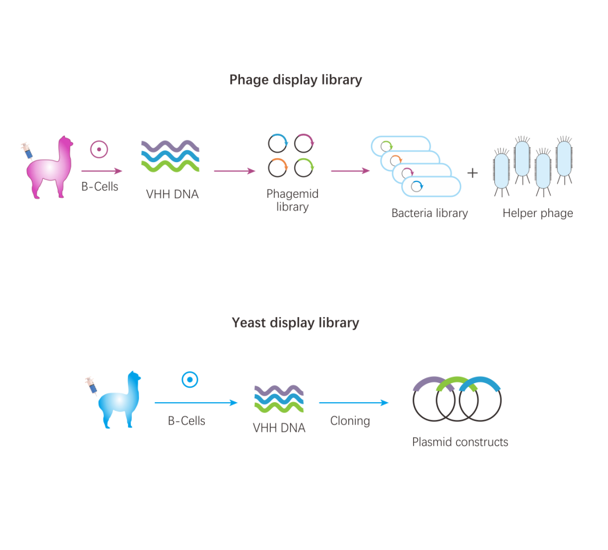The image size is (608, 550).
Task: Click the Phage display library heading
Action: (x=295, y=80)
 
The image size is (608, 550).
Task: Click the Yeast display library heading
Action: (x=295, y=323)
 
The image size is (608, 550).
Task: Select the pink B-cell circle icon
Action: (x=99, y=149)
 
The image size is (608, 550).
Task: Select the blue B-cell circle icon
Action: (x=189, y=379)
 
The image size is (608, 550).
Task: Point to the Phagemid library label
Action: (x=292, y=201)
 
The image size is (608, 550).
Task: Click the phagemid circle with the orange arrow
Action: (x=278, y=167)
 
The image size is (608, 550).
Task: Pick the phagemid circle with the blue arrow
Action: (x=278, y=144)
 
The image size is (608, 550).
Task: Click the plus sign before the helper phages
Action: (x=472, y=173)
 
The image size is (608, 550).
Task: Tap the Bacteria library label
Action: (x=429, y=213)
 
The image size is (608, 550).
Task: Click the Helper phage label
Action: (x=538, y=213)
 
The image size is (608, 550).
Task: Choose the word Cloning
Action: (x=350, y=421)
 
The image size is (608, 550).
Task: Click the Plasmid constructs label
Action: (x=460, y=442)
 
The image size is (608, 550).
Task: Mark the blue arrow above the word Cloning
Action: (x=354, y=403)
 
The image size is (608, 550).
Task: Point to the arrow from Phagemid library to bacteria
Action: (x=350, y=171)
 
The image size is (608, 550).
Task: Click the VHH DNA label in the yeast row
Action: (x=279, y=427)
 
